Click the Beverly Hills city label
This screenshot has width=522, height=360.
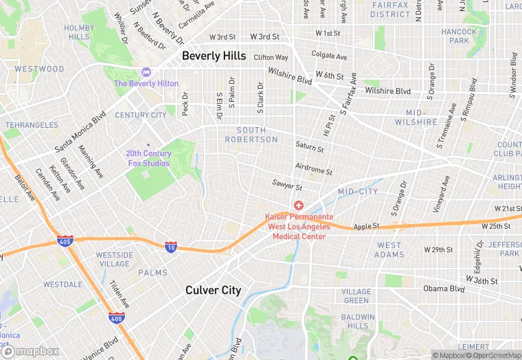click(x=214, y=56)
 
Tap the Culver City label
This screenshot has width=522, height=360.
click(x=213, y=291)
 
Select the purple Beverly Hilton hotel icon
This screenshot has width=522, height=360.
click(x=146, y=72)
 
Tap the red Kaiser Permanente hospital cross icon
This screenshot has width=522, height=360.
click(x=299, y=205)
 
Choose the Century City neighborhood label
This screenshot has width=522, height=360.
click(x=140, y=115)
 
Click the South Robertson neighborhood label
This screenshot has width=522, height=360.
click(x=257, y=135)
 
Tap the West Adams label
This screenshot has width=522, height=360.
click(x=389, y=250)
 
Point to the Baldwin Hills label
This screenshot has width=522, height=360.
click(x=357, y=322)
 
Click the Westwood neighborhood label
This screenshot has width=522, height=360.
click(x=39, y=69)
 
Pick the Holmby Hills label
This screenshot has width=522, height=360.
click(x=78, y=32)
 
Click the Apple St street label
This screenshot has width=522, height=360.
click(x=366, y=227)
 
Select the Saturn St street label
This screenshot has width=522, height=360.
click(x=309, y=147)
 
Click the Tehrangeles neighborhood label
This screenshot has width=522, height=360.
click(x=32, y=125)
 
